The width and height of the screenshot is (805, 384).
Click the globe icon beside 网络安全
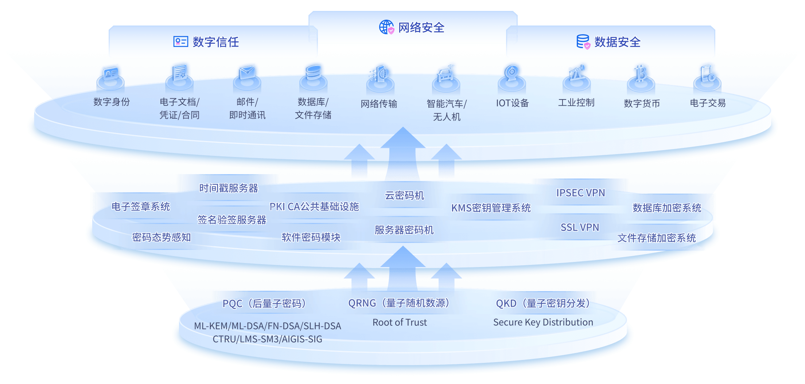pos(386,27)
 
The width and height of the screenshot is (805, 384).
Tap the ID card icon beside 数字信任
pos(180,42)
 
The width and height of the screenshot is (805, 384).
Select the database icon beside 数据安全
pos(583,42)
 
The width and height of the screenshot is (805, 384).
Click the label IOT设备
pos(512,103)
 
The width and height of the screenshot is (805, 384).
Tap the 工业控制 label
pos(576,103)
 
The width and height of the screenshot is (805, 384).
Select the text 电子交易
pos(708,103)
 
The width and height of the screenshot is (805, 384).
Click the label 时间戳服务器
pos(229,188)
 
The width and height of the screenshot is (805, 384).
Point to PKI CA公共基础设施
pos(314,207)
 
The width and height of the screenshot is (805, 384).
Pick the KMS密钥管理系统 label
pos(491,208)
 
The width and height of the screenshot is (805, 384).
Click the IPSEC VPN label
pos(580,193)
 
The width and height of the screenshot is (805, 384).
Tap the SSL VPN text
pos(580,227)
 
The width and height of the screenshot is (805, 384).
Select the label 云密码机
pos(405,196)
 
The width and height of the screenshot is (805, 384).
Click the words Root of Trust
pos(400,322)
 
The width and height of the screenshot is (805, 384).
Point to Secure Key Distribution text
pos(543,322)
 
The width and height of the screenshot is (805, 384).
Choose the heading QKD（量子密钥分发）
pos(543,303)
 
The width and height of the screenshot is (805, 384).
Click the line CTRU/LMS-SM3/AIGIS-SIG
pos(268,339)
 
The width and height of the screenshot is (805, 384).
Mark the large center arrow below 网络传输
pos(403,153)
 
